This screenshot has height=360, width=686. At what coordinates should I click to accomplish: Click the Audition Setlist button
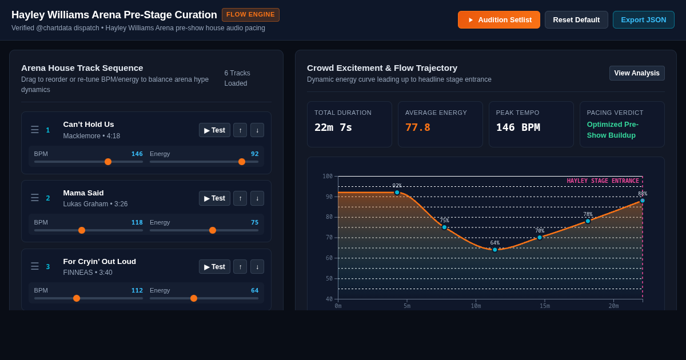pyautogui.click(x=499, y=20)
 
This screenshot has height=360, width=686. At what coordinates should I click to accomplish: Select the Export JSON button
pyautogui.click(x=644, y=20)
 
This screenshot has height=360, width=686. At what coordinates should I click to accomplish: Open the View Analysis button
pyautogui.click(x=637, y=73)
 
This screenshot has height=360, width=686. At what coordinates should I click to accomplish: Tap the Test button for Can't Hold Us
pyautogui.click(x=214, y=130)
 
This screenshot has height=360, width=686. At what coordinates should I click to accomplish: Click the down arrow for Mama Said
pyautogui.click(x=257, y=198)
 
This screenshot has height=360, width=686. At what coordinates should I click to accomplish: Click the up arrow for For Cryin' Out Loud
pyautogui.click(x=240, y=267)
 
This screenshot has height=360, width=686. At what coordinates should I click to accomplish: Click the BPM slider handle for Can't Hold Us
pyautogui.click(x=108, y=162)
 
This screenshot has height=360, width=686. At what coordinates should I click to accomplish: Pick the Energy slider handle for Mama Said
pyautogui.click(x=213, y=230)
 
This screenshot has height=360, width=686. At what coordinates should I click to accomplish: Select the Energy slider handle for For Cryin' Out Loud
pyautogui.click(x=194, y=298)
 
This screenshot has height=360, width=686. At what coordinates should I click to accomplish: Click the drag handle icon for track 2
pyautogui.click(x=35, y=198)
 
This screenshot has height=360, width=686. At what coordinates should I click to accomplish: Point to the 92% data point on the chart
pyautogui.click(x=397, y=193)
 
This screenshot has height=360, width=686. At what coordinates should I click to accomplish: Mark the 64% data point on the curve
pyautogui.click(x=494, y=250)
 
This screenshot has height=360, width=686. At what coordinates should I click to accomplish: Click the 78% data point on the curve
pyautogui.click(x=588, y=221)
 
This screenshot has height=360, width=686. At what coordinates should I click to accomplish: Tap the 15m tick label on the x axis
pyautogui.click(x=544, y=306)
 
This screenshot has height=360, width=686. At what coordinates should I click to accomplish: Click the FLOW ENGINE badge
pyautogui.click(x=250, y=15)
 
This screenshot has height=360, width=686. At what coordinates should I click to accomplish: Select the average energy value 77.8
pyautogui.click(x=418, y=127)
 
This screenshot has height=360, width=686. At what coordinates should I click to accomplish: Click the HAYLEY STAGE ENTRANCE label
pyautogui.click(x=603, y=181)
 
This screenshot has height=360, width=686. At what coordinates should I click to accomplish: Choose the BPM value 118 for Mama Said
pyautogui.click(x=137, y=222)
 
